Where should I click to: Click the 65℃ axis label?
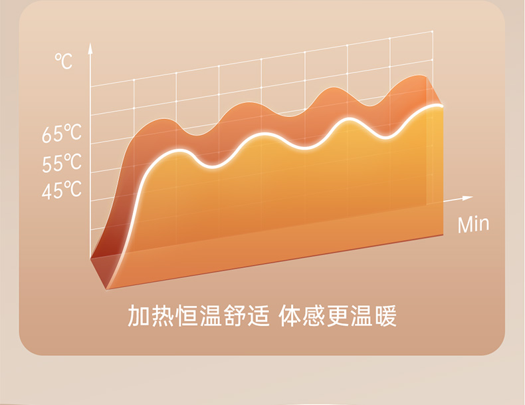coord(62,133)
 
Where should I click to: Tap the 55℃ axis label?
coord(62,162)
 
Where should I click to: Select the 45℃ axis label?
coord(62,190)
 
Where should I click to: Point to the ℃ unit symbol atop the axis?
coord(64,61)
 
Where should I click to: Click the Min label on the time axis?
coord(473,224)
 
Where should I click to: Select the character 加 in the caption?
coord(139,316)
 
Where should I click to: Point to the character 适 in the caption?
coord(259,316)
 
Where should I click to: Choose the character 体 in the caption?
coord(290,316)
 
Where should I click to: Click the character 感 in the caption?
coord(314,316)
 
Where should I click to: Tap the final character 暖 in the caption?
coord(385,316)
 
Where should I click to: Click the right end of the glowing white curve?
coord(442,106)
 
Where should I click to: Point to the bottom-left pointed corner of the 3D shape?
coord(106,289)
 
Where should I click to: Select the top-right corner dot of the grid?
coord(433,31)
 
